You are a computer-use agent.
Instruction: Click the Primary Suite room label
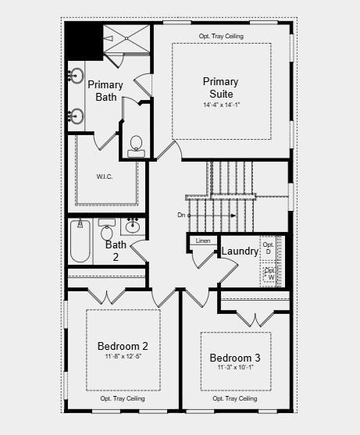(x=221, y=87)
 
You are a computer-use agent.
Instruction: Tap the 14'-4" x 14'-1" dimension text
(x=221, y=105)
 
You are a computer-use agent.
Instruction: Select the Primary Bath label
(x=105, y=91)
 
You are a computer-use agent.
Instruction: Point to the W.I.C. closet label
(x=105, y=176)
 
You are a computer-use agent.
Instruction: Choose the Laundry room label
(x=240, y=251)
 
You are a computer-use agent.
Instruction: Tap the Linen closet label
(x=204, y=241)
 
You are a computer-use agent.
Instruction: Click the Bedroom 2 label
(x=123, y=346)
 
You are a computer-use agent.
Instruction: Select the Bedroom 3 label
(x=235, y=358)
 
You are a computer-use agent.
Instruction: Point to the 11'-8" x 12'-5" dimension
(x=123, y=357)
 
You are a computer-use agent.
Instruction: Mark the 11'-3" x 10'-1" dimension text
(x=235, y=368)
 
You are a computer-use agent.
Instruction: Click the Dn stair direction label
(x=182, y=214)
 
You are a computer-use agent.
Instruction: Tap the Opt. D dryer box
(x=269, y=248)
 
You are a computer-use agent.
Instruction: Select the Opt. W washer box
(x=270, y=273)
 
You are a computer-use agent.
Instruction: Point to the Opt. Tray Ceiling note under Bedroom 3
(x=235, y=399)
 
